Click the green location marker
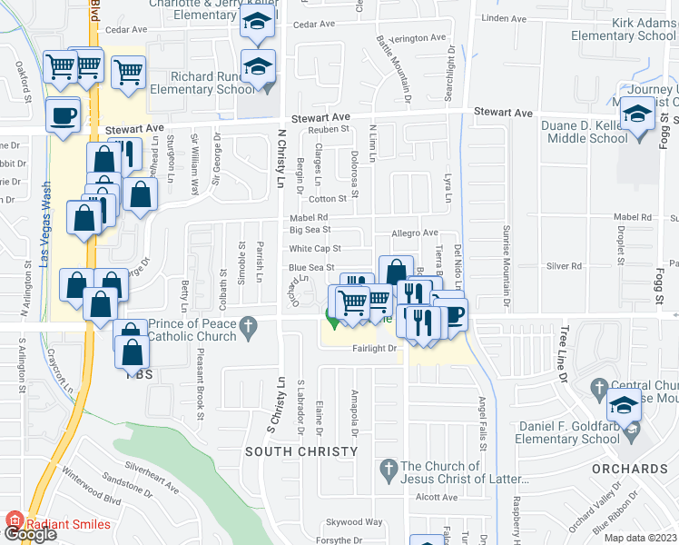[332, 319]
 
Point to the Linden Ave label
[505, 18]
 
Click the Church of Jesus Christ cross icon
[388, 470]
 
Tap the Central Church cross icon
[598, 391]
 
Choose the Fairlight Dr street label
[374, 348]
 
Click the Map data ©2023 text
[641, 538]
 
